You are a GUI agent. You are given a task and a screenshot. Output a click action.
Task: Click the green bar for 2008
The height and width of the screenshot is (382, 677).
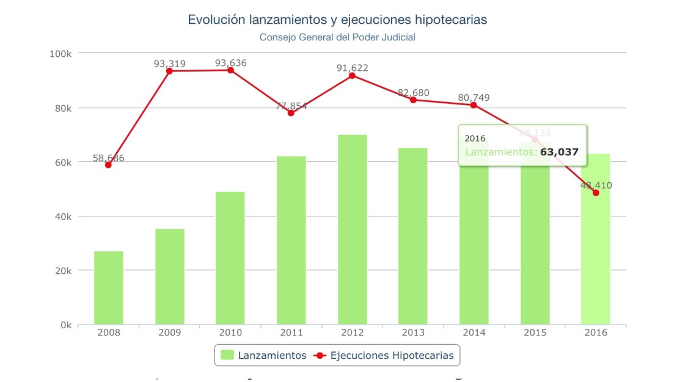click(x=109, y=287)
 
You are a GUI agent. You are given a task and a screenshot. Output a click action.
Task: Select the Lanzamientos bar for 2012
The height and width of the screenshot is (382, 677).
click(x=353, y=229)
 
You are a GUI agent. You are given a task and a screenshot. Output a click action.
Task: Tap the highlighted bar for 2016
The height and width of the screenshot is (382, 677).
click(x=596, y=244)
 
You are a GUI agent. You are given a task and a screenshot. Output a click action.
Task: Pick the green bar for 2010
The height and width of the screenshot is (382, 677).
click(x=230, y=258)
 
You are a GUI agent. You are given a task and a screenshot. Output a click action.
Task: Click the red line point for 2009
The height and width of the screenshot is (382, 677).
click(x=169, y=71)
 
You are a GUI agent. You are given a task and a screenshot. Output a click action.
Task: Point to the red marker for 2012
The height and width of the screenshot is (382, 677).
click(x=353, y=75)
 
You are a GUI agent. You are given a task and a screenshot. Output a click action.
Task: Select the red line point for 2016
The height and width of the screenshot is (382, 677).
click(x=596, y=193)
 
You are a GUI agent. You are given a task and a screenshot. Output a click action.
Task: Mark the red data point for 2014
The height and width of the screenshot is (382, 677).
click(x=474, y=105)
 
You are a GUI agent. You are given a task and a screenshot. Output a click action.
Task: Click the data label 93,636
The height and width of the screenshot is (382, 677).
click(x=230, y=63)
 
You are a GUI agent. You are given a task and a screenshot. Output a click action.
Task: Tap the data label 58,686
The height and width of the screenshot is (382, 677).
click(x=109, y=158)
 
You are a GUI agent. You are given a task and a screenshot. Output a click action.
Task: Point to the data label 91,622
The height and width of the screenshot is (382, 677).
click(x=353, y=68)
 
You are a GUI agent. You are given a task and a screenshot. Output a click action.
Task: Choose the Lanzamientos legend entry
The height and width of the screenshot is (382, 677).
click(x=263, y=355)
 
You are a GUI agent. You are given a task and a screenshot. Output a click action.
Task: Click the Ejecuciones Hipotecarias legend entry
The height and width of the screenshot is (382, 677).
click(x=384, y=355)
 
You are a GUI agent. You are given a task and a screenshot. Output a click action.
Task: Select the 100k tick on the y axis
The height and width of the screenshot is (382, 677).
click(x=60, y=54)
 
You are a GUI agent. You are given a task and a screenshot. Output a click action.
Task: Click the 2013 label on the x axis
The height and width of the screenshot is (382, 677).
click(x=414, y=332)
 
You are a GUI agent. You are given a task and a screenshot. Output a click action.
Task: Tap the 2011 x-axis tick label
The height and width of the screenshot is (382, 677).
click(x=291, y=332)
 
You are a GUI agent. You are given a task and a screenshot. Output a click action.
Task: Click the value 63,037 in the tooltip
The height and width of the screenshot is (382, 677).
click(x=559, y=152)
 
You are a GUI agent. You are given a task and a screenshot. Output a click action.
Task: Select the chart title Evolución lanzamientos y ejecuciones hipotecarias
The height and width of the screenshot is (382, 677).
click(x=337, y=20)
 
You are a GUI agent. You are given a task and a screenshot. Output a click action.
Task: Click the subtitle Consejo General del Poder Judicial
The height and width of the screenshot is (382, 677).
click(x=337, y=37)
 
